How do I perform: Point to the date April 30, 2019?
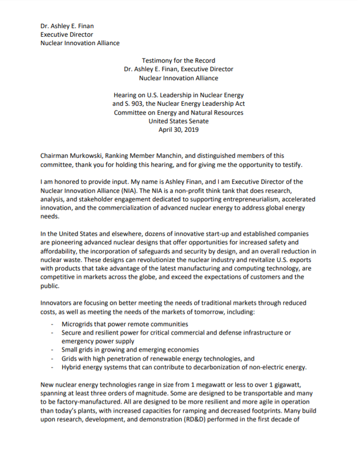click(178, 130)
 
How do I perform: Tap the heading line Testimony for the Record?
click(178, 61)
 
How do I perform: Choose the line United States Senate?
click(178, 121)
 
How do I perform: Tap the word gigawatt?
click(291, 384)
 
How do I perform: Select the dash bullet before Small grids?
click(52, 350)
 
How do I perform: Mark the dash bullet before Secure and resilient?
click(52, 333)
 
